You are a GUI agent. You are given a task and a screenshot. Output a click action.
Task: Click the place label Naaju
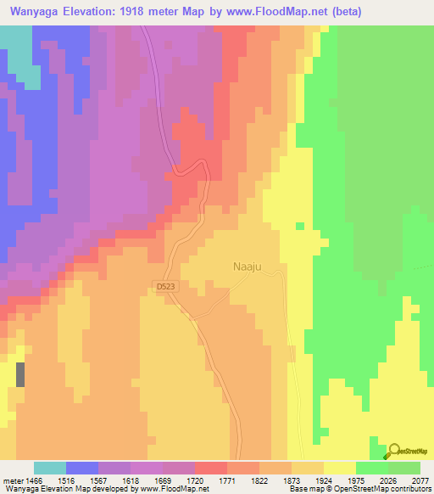tap(249, 267)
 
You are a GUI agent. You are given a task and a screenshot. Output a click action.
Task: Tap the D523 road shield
tap(165, 288)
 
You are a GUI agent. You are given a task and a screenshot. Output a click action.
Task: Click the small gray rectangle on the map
tap(20, 374)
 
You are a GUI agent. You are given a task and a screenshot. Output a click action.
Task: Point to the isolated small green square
tap(299, 226)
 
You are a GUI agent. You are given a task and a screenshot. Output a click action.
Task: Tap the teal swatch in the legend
tap(50, 468)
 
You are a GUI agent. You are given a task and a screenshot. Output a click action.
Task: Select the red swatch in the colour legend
tap(211, 468)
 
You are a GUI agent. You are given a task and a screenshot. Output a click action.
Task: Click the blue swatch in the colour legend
tap(82, 468)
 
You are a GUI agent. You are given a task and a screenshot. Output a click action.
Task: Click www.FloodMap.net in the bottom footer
tap(170, 489)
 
